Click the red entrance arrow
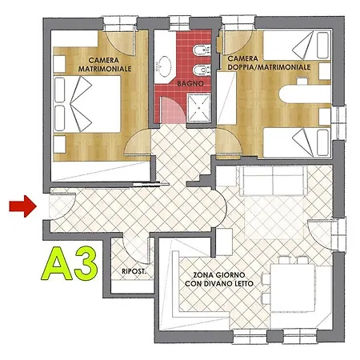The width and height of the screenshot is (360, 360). (23, 206)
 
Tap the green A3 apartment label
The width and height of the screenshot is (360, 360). (70, 264)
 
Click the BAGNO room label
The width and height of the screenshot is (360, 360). (190, 83)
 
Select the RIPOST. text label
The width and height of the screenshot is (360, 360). (134, 271)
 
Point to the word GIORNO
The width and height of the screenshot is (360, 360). (230, 275)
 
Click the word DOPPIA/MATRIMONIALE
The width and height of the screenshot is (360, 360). (269, 67)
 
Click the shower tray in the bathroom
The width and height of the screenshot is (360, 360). (198, 108)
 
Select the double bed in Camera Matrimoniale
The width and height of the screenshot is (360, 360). (87, 104)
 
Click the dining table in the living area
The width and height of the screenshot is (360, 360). (293, 288)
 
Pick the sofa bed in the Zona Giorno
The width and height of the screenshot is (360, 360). (274, 181)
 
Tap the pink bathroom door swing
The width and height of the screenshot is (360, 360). (173, 110)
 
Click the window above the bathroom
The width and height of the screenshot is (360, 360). (179, 23)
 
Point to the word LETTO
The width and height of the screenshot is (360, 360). (243, 283)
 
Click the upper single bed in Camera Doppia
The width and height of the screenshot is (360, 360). (297, 45)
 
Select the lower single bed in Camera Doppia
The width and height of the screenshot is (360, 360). (297, 142)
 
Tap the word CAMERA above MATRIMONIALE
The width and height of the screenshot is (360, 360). (104, 60)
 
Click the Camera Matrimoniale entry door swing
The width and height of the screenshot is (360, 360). (138, 142)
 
